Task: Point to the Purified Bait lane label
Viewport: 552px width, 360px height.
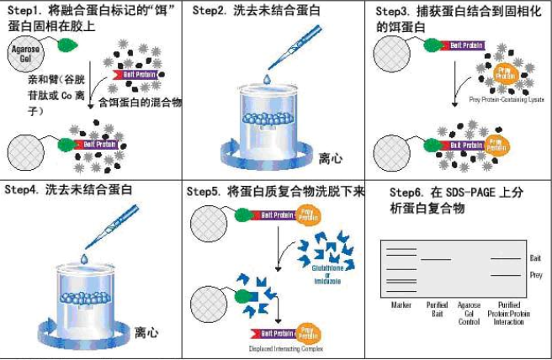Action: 437,309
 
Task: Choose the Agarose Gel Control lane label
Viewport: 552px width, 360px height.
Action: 469,313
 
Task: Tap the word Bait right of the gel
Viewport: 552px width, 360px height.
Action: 535,258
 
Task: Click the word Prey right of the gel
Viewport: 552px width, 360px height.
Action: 535,275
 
